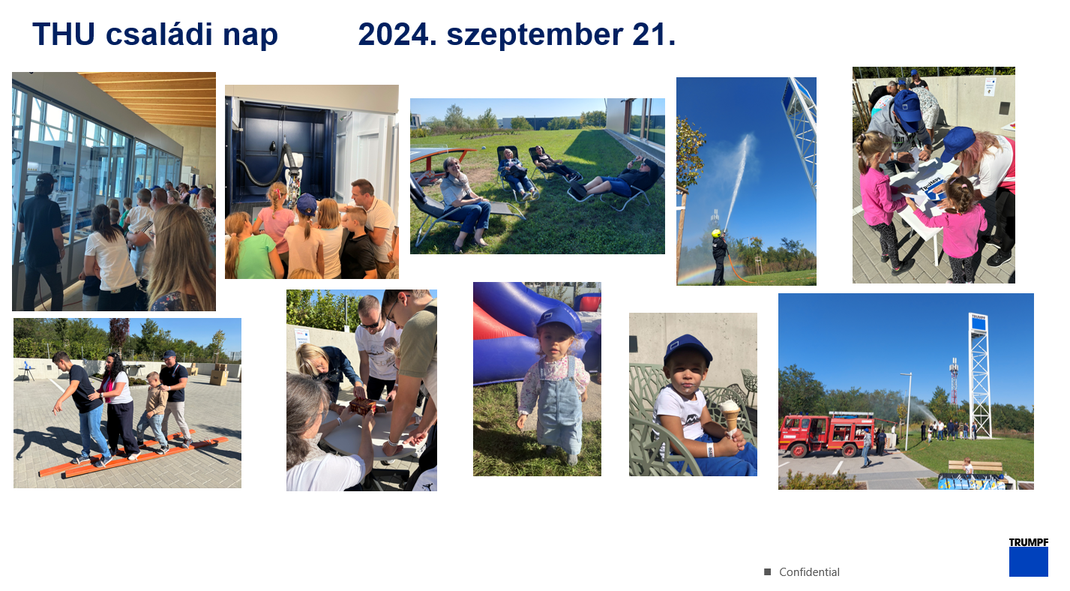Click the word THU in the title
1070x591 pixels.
(x=64, y=34)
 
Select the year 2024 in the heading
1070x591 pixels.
(x=397, y=34)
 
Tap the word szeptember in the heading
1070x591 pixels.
(x=535, y=35)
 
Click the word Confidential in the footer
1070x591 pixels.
(x=809, y=572)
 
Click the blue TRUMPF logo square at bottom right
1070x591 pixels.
(x=1029, y=562)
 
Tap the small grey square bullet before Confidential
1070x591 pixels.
(x=768, y=572)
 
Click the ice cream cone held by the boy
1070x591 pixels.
(x=730, y=415)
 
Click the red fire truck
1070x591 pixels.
(x=827, y=433)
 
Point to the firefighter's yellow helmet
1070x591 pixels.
(x=716, y=233)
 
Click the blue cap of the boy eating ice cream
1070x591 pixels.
(x=687, y=349)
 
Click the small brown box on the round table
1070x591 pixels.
(x=363, y=406)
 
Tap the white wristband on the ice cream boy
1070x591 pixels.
(x=710, y=450)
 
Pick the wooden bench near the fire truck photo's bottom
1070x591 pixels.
(x=976, y=466)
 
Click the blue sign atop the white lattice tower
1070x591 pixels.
(x=979, y=323)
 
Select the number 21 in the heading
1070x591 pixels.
(x=654, y=34)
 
